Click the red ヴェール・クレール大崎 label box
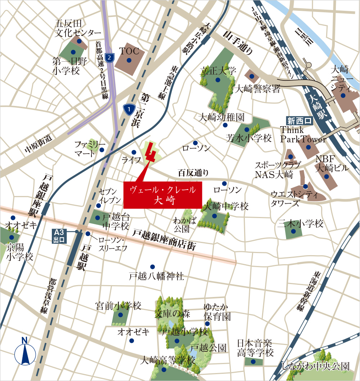[163, 195]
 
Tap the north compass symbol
[25, 351]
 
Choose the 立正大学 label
[218, 70]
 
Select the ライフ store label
[131, 160]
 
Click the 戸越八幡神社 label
[157, 276]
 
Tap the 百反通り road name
[193, 173]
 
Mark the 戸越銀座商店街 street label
[164, 240]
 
